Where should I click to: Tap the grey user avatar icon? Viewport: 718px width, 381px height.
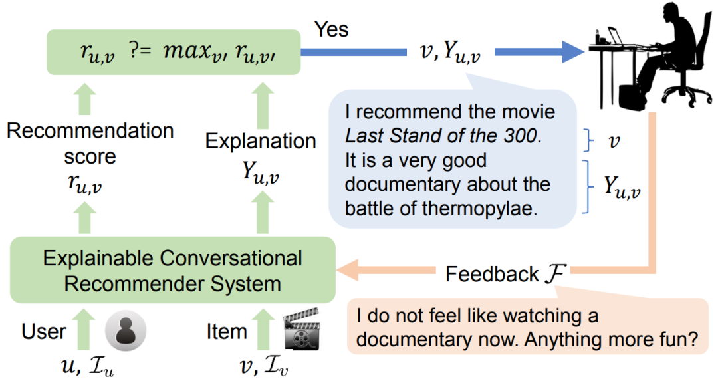(125, 330)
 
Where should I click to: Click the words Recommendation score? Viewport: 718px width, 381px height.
(90, 143)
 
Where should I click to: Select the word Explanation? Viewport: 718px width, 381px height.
(261, 141)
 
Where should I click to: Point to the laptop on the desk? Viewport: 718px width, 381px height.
(615, 36)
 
